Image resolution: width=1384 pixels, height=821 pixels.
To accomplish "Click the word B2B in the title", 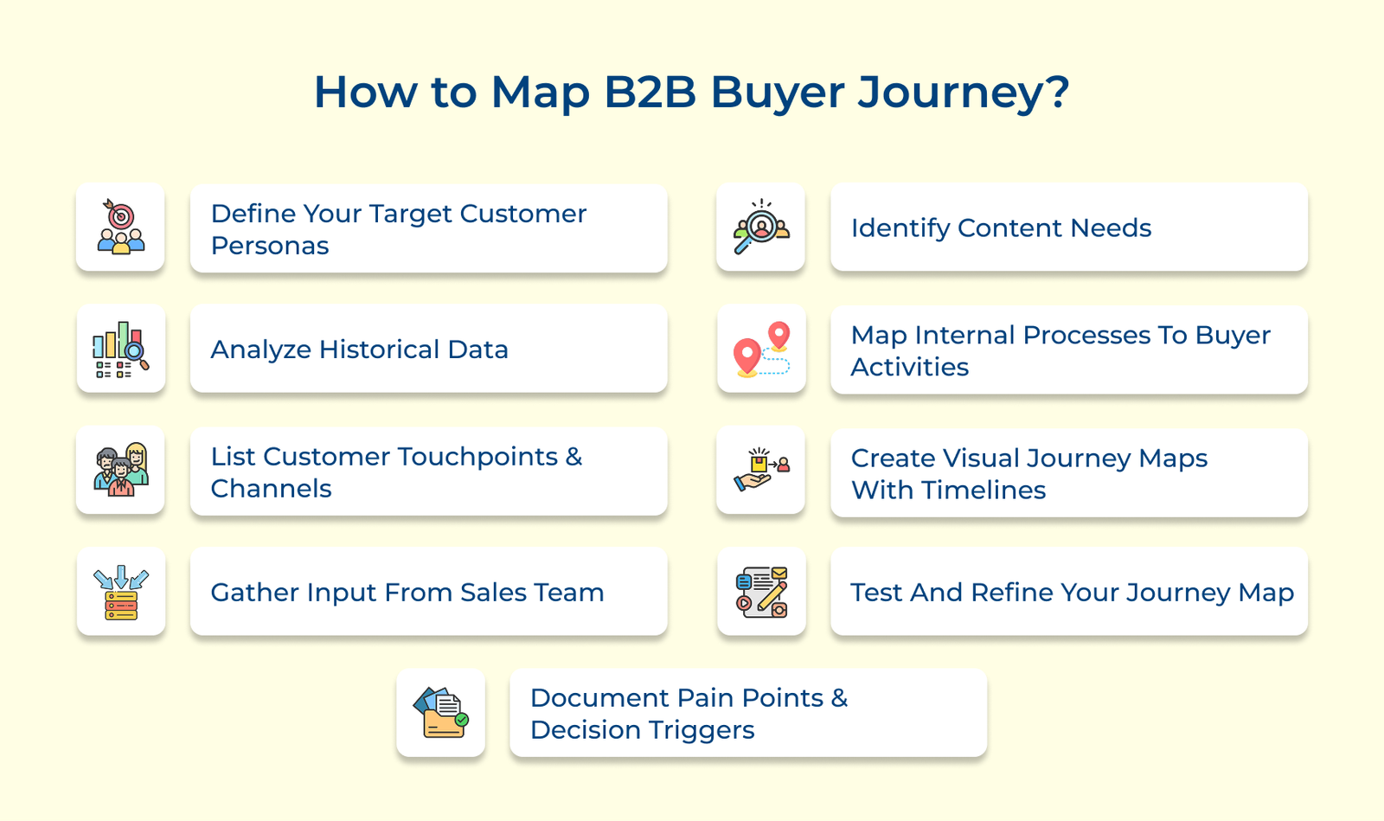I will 650,92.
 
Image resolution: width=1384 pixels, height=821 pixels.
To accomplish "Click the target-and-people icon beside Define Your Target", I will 121,227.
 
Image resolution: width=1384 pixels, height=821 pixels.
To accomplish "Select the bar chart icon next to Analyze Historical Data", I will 121,349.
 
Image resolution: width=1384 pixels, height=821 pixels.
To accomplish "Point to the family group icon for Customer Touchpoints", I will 121,470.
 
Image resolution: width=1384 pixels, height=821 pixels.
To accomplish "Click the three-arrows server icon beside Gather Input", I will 121,592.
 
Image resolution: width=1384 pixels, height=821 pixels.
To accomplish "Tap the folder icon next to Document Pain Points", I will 441,713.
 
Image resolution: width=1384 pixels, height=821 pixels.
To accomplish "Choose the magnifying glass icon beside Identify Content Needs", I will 761,227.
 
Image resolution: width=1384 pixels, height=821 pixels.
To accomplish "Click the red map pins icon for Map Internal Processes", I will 761,349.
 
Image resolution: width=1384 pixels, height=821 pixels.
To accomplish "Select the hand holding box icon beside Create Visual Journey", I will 761,470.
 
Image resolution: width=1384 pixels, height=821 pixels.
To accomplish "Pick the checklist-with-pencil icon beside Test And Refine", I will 761,592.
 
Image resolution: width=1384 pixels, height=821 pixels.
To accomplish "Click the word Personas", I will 270,246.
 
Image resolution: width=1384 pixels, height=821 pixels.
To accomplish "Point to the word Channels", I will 271,489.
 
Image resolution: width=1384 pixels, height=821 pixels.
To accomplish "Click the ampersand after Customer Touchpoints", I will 573,457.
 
